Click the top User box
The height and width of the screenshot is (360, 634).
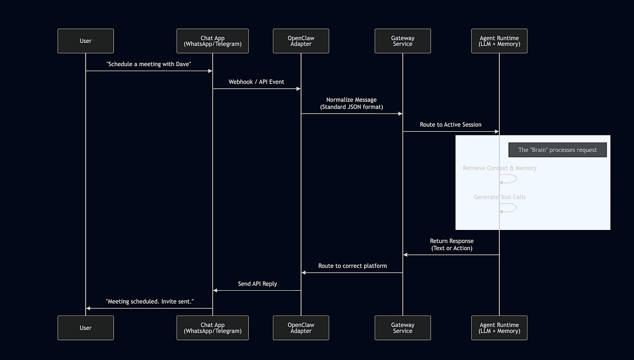[x=86, y=41]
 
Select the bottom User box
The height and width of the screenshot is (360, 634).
[x=86, y=328]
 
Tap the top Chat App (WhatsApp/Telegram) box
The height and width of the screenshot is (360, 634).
[x=212, y=41]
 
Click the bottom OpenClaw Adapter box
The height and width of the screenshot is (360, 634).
[x=301, y=328]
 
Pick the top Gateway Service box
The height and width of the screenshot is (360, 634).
[x=403, y=41]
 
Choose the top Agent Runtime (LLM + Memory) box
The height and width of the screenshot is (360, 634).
[x=499, y=41]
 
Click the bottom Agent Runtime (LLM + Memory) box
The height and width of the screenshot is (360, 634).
[x=499, y=328]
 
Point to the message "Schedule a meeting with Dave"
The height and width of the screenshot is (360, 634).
[x=148, y=64]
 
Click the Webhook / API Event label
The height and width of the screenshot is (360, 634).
[x=256, y=82]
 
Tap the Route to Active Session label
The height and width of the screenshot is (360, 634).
[x=451, y=125]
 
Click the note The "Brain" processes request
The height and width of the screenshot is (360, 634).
[x=557, y=150]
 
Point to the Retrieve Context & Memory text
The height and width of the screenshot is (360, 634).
[x=499, y=168]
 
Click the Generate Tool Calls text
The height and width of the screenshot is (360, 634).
[x=499, y=197]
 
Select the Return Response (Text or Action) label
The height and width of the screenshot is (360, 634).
[x=451, y=244]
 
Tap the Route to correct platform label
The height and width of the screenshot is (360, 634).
[x=352, y=266]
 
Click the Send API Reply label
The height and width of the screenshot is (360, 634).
[x=257, y=284]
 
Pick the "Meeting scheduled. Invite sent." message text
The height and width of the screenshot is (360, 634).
[x=150, y=301]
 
